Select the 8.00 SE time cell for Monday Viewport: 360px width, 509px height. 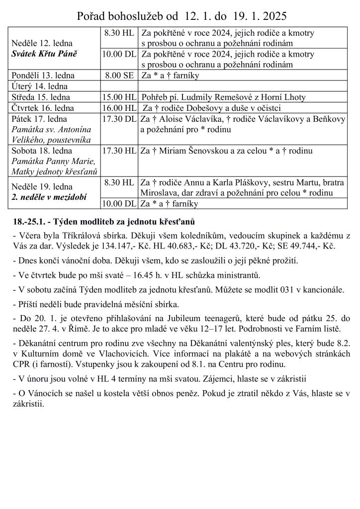(119, 76)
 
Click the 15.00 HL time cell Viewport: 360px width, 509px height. (119, 97)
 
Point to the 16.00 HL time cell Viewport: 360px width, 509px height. (119, 108)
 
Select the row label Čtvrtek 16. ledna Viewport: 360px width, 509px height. (42, 108)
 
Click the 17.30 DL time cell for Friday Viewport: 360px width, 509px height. (119, 119)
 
